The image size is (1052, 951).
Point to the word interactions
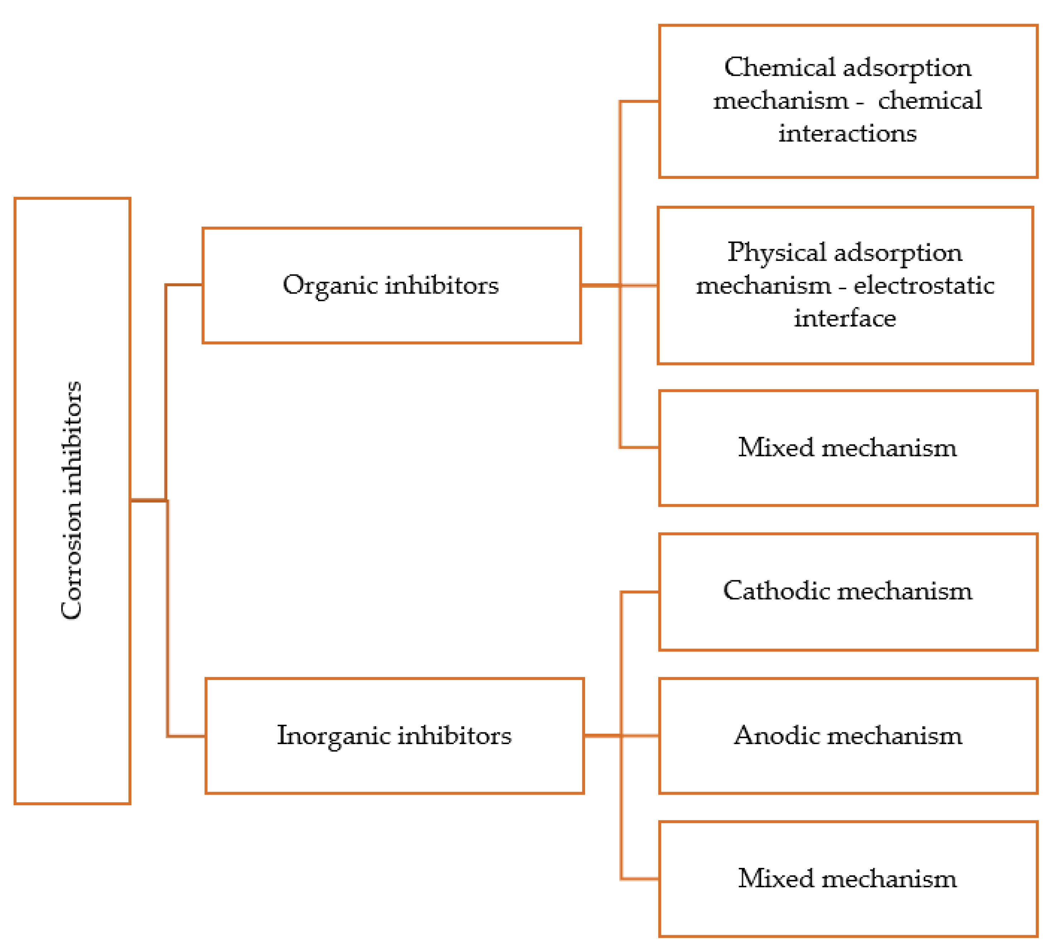(x=848, y=134)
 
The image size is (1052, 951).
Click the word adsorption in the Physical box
(x=898, y=253)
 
